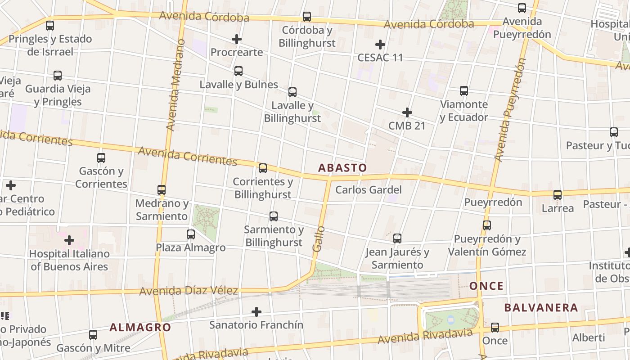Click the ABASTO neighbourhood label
342,168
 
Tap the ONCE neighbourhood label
486,286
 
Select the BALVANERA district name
540,308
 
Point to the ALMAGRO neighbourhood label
140,327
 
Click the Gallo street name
318,239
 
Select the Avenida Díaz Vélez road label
188,291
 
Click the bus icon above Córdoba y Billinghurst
307,17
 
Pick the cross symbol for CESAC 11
380,45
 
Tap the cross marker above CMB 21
407,112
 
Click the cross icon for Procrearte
237,39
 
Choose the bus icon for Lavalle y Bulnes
238,71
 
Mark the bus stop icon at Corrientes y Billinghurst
263,168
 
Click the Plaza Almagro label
191,247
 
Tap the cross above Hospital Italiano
69,240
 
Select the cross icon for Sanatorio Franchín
256,311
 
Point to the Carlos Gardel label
369,190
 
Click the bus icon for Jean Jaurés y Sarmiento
397,238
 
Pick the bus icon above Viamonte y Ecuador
464,91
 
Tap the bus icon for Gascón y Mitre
93,335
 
